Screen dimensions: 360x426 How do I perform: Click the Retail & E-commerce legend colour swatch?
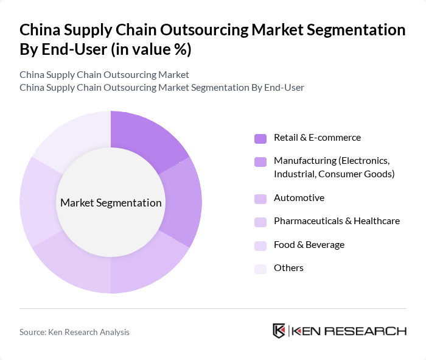coord(260,138)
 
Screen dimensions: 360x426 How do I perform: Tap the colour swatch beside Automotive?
coord(260,199)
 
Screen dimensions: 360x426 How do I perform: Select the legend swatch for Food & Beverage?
coord(260,245)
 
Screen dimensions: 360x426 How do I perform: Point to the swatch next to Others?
coord(260,269)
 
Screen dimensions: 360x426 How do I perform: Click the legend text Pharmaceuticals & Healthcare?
coord(337,221)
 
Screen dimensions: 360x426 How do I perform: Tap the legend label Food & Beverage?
coord(309,244)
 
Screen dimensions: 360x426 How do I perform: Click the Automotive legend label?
coord(299,198)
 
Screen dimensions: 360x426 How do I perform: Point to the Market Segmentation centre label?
coord(111,203)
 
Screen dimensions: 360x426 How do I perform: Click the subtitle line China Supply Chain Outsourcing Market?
coord(104,74)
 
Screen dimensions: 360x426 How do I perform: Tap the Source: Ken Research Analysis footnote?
coord(74,332)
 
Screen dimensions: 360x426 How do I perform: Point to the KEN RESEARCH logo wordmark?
coord(349,331)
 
